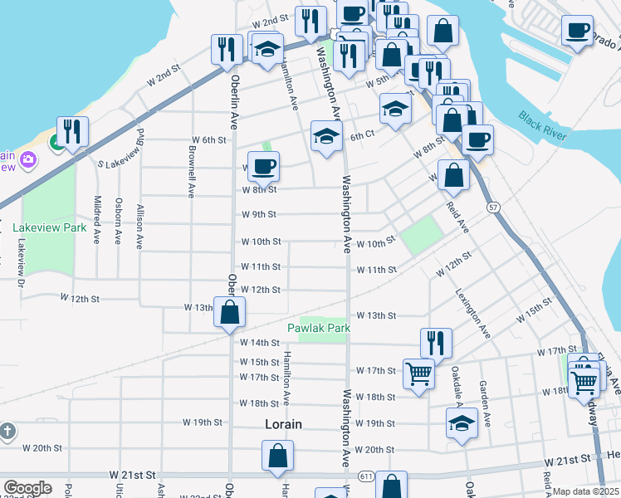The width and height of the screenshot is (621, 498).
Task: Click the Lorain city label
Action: (282, 423)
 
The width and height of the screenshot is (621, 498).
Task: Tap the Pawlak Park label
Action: (318, 328)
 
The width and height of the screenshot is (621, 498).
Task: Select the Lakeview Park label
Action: (50, 227)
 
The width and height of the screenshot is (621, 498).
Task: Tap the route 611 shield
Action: (366, 475)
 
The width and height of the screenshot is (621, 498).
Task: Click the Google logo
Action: (27, 488)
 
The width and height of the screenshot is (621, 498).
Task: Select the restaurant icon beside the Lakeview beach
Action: (72, 132)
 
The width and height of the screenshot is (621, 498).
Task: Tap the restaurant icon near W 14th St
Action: (436, 341)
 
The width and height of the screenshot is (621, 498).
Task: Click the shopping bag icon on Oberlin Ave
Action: (230, 312)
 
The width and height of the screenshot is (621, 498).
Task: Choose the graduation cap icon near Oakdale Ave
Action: (462, 422)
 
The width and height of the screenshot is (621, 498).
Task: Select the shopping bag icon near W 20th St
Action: (277, 456)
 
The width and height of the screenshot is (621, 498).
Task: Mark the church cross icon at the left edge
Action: (7, 432)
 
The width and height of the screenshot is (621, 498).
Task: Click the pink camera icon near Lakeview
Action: (28, 159)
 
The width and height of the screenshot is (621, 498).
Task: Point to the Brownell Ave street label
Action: (192, 173)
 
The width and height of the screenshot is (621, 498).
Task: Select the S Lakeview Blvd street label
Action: (120, 151)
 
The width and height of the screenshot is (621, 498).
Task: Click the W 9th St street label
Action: (258, 214)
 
